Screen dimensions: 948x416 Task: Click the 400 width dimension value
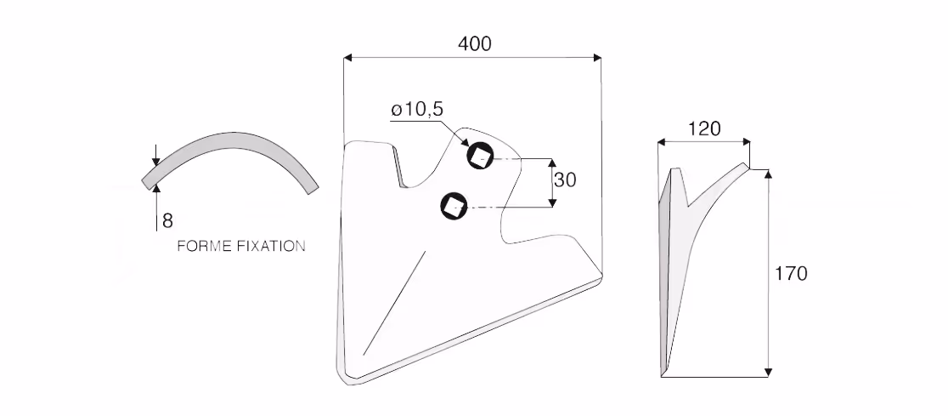(x=475, y=43)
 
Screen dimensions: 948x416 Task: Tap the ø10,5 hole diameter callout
(x=417, y=110)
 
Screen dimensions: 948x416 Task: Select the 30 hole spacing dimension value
(x=565, y=180)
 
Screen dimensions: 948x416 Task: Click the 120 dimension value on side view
(x=704, y=129)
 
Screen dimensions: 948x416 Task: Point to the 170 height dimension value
(x=791, y=274)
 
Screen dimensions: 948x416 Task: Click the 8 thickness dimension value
(x=167, y=221)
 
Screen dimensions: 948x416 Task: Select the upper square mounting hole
(x=480, y=157)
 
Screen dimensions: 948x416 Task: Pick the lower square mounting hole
(x=454, y=206)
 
